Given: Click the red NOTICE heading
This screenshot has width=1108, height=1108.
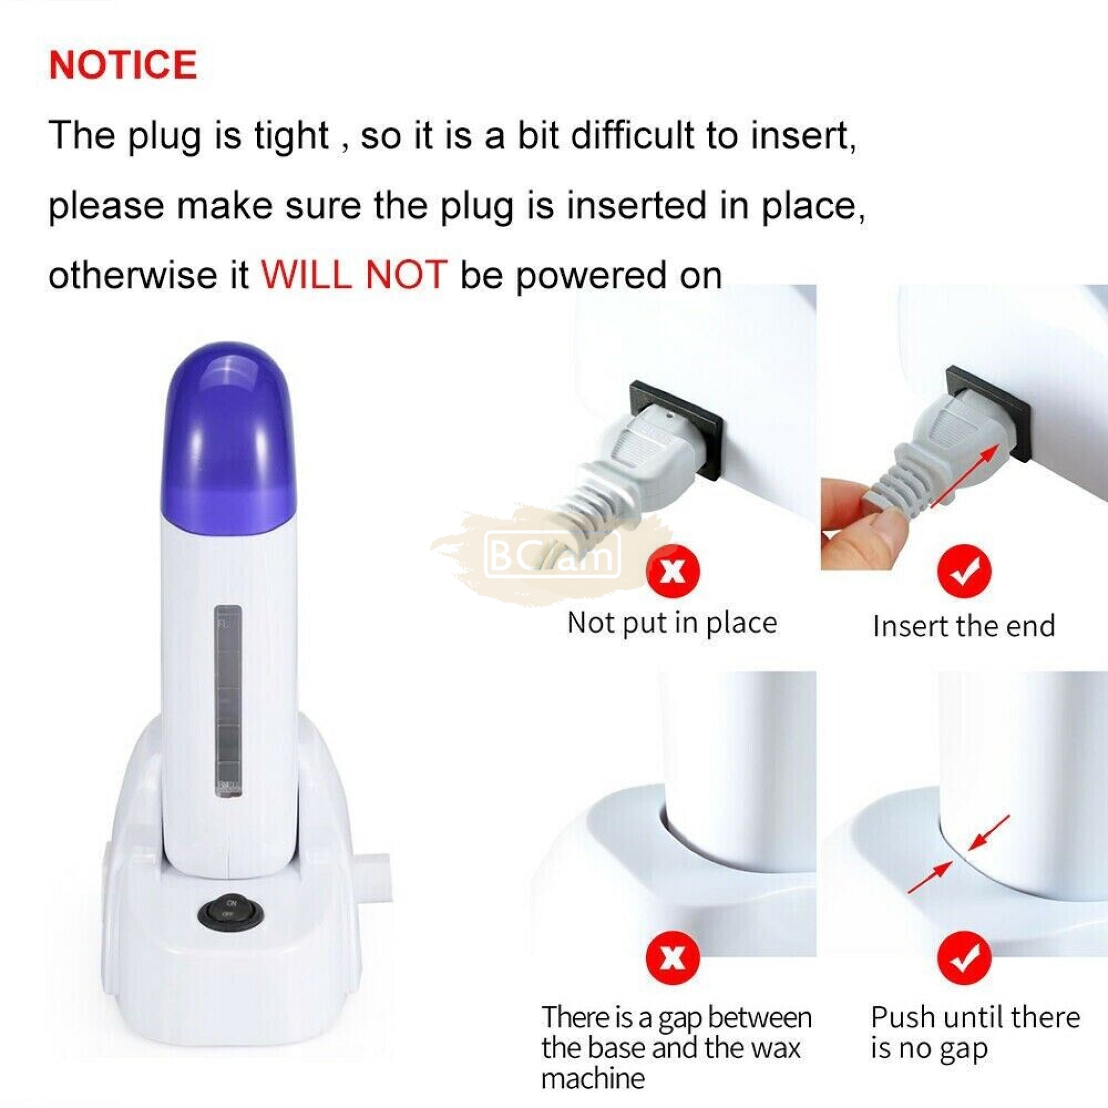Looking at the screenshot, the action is [123, 64].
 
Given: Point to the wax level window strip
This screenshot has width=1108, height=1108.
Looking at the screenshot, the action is [228, 701].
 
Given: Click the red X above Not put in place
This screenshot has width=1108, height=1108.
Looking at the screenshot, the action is [673, 571].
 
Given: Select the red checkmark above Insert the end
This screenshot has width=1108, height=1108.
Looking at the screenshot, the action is [964, 571].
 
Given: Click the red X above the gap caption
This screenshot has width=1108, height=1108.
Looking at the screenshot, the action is [673, 959].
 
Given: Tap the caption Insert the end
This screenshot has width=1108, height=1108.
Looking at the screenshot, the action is [964, 626].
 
